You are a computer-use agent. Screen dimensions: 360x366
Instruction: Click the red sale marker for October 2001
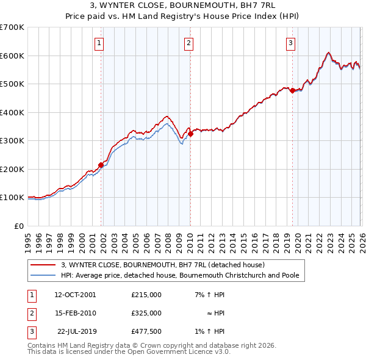click(x=101, y=165)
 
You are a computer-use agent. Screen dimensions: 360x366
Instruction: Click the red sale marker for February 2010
click(x=190, y=134)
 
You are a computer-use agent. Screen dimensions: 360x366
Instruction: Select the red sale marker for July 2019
click(x=292, y=90)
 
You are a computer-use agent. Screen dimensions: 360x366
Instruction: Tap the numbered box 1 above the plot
click(x=99, y=43)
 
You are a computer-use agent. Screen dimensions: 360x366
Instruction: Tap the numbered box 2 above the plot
click(x=189, y=43)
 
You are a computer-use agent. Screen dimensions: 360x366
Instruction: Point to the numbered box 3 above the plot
click(x=291, y=43)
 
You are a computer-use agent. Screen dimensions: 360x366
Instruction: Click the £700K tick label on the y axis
click(x=12, y=27)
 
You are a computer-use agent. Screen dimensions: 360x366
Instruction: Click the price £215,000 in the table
click(x=146, y=294)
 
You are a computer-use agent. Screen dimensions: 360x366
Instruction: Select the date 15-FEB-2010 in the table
click(x=75, y=313)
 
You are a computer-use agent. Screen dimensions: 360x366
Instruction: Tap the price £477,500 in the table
click(x=146, y=331)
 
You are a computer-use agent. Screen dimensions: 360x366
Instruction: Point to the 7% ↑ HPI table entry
click(x=209, y=294)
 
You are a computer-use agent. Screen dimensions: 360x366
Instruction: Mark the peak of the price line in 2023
click(x=329, y=52)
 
